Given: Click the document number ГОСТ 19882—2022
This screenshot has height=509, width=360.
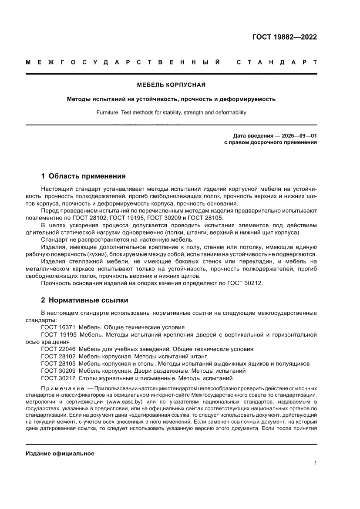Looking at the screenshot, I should (x=284, y=37).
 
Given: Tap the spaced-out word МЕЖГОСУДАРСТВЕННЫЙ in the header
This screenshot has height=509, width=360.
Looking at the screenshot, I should (x=122, y=62).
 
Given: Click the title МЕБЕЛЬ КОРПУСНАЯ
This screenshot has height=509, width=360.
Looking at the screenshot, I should (x=171, y=84).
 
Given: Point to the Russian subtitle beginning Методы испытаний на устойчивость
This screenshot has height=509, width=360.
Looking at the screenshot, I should (x=171, y=99).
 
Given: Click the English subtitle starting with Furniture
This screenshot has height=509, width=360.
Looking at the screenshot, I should (x=171, y=112).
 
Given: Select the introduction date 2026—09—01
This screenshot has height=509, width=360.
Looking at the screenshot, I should (x=300, y=135).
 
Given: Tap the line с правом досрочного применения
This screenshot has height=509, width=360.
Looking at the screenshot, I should (x=270, y=142).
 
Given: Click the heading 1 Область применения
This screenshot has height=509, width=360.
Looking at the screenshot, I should (x=83, y=176).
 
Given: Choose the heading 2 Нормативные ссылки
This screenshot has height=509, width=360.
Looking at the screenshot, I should (x=84, y=300).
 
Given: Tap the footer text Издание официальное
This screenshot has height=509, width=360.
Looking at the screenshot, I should (x=60, y=454).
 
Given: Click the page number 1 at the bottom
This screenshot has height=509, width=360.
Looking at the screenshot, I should (x=315, y=463).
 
